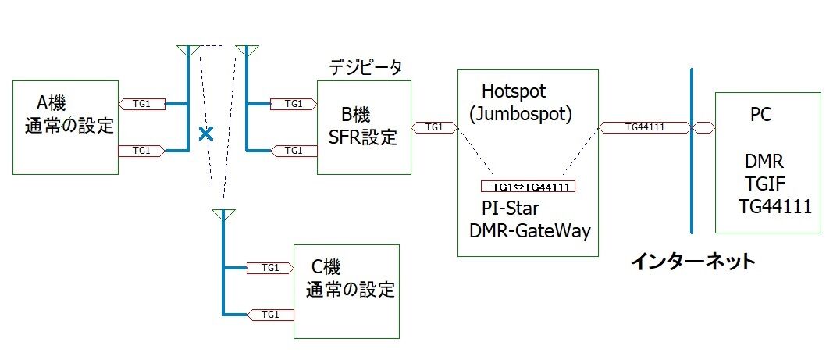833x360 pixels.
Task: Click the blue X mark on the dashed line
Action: (205, 134)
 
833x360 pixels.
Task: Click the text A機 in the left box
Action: (52, 102)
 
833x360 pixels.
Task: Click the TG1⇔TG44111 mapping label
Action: (529, 187)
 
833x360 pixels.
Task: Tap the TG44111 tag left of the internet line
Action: (645, 127)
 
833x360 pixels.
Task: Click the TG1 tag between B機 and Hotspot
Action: (434, 127)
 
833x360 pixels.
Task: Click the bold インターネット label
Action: (693, 261)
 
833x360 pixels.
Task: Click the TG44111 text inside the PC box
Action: (775, 206)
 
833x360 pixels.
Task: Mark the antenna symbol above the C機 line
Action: (223, 215)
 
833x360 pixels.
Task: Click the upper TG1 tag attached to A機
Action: (141, 104)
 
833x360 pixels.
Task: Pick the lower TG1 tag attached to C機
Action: (270, 315)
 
